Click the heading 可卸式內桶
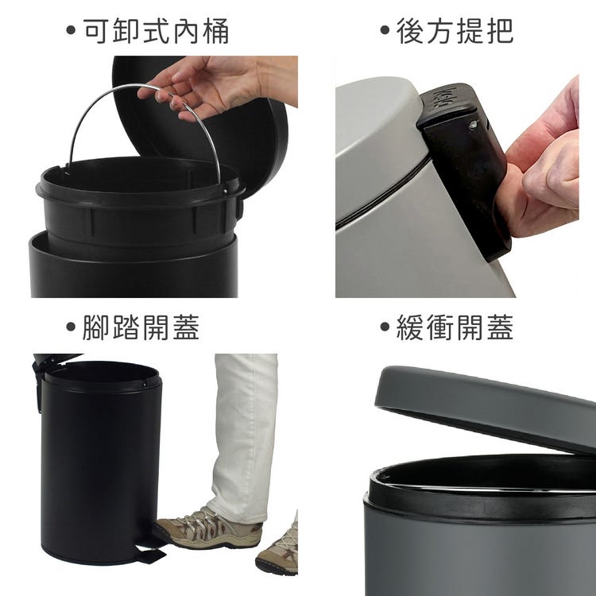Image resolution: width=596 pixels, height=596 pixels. pyautogui.click(x=156, y=30)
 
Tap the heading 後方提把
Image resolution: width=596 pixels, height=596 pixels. pyautogui.click(x=455, y=30)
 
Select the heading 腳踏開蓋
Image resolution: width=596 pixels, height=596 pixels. pyautogui.click(x=141, y=327)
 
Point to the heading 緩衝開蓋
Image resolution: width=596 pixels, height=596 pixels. pyautogui.click(x=455, y=327)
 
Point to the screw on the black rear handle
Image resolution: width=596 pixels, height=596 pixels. pyautogui.click(x=473, y=124)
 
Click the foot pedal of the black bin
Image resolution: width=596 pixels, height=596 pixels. pyautogui.click(x=150, y=555)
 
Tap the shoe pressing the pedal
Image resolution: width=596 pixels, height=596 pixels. pyautogui.click(x=208, y=528)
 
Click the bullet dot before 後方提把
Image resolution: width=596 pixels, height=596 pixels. pyautogui.click(x=385, y=30)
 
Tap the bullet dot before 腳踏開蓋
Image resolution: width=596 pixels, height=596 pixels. pyautogui.click(x=71, y=327)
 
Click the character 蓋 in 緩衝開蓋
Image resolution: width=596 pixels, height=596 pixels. pyautogui.click(x=500, y=327)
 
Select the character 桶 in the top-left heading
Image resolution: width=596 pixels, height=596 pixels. pyautogui.click(x=215, y=30)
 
